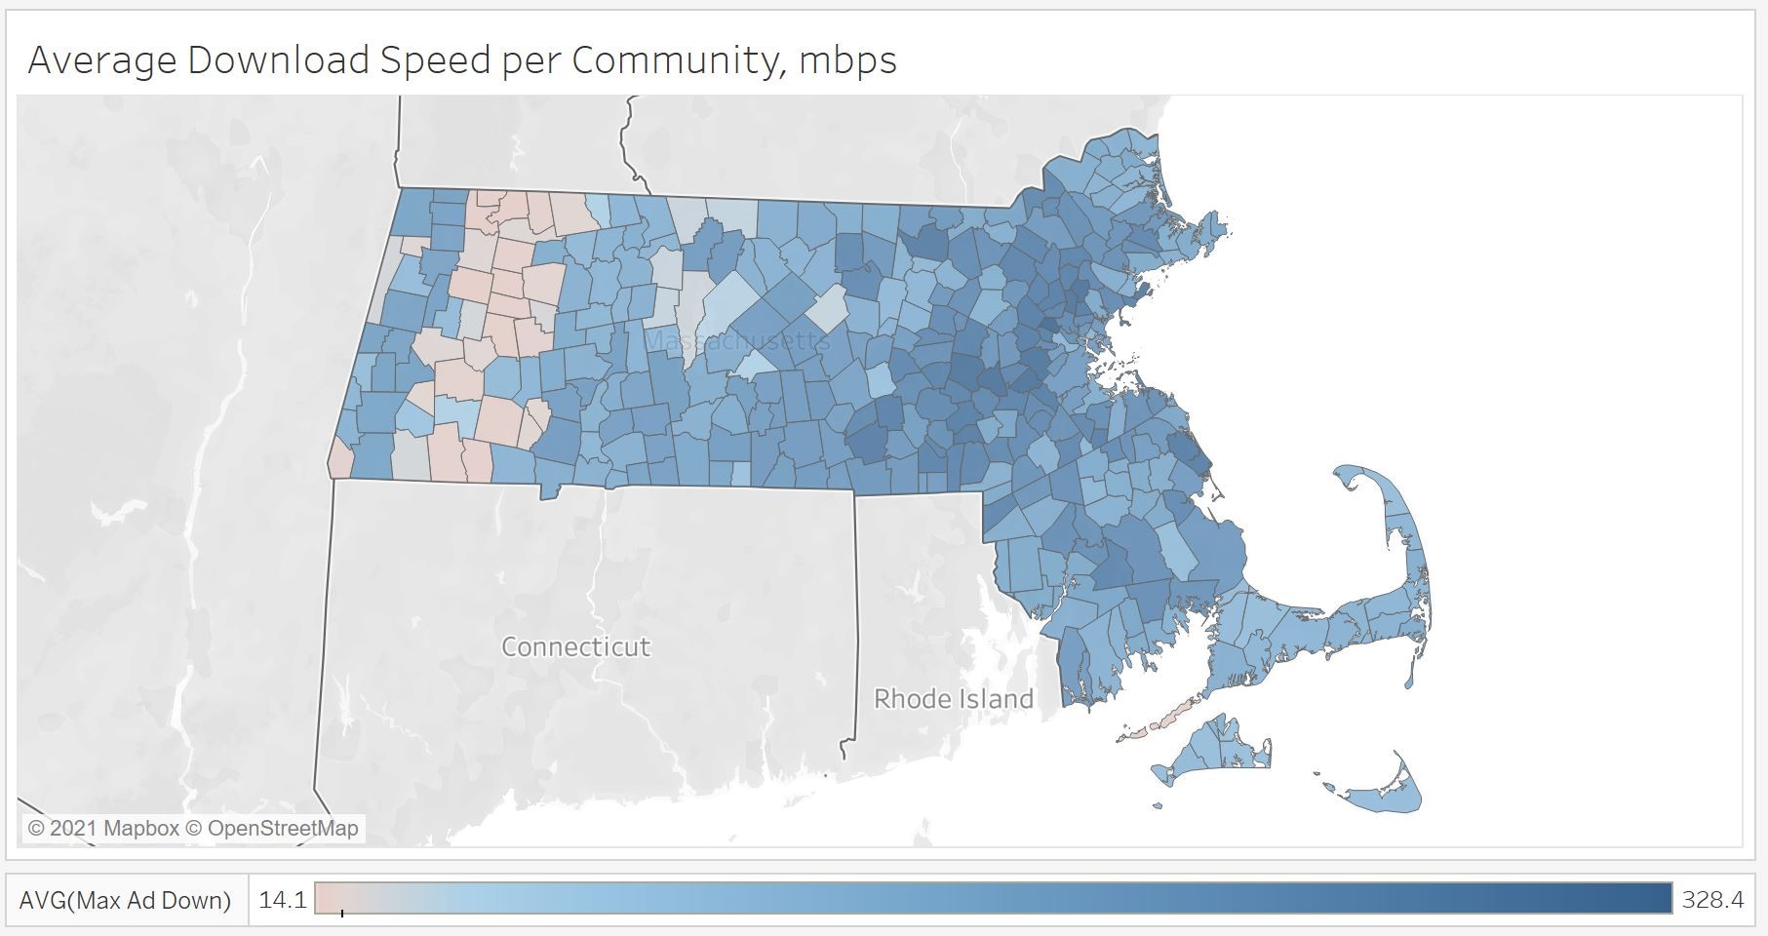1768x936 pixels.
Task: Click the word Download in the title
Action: click(278, 60)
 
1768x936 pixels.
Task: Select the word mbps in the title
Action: click(847, 60)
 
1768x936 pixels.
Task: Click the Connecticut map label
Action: click(575, 646)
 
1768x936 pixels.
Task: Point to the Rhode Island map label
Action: click(953, 699)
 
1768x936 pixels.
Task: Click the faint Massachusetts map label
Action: click(737, 340)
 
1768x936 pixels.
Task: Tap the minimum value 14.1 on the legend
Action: click(283, 900)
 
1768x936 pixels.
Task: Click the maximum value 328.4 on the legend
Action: click(1712, 900)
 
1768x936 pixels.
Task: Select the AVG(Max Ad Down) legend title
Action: click(126, 900)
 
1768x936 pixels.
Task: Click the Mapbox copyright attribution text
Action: click(103, 829)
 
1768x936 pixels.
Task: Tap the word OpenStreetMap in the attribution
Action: click(283, 829)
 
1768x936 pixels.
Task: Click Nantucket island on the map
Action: click(1386, 794)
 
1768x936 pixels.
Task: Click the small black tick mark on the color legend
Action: click(342, 913)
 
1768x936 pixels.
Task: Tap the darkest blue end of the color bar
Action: click(1658, 898)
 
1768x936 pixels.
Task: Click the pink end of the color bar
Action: click(326, 898)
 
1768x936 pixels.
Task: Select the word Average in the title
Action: click(102, 60)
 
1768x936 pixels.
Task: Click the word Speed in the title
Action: click(435, 60)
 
